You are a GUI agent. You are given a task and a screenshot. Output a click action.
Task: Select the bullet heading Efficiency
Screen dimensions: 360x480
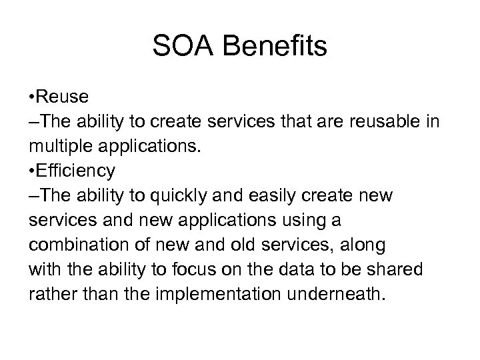click(x=76, y=171)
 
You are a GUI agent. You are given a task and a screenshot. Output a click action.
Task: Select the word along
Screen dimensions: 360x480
click(x=362, y=245)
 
